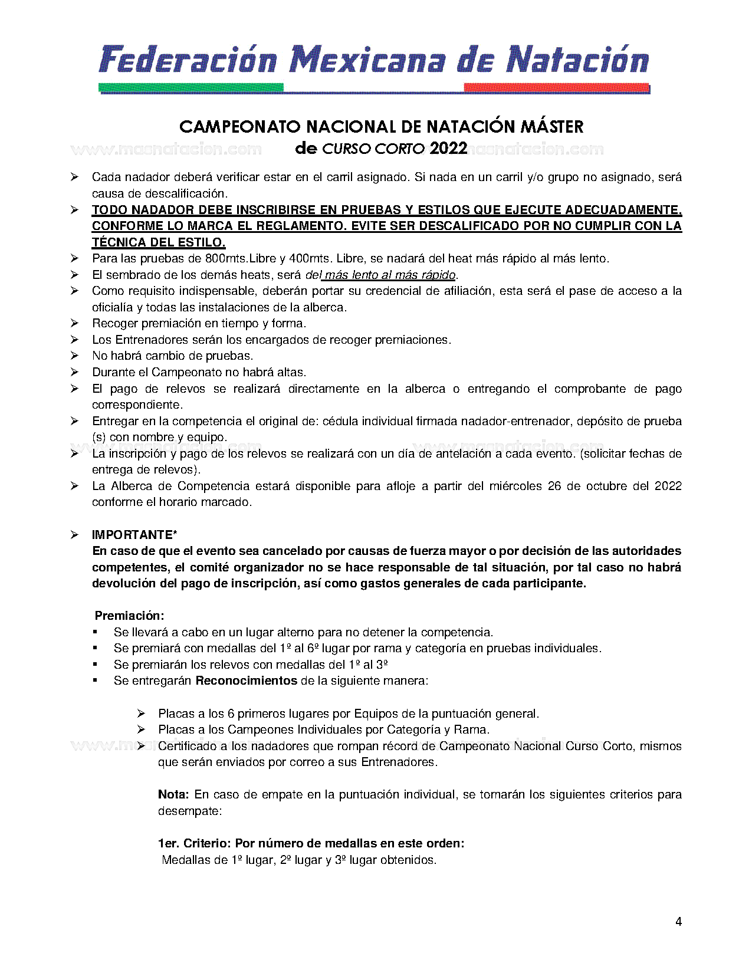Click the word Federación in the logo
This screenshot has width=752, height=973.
click(x=188, y=60)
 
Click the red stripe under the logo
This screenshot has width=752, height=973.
click(x=556, y=88)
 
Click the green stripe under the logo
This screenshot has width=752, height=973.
click(x=191, y=88)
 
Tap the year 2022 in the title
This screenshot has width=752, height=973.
click(x=448, y=148)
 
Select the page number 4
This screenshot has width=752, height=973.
click(x=678, y=922)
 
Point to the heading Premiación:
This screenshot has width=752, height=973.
click(x=129, y=616)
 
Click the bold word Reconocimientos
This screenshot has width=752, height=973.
click(x=246, y=681)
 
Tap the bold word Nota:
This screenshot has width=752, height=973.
click(x=173, y=794)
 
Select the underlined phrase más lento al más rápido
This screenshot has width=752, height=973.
click(x=390, y=275)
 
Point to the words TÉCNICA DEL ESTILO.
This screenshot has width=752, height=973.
click(x=158, y=242)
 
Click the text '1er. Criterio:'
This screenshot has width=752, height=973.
click(x=194, y=843)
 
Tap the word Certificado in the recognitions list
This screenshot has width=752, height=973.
click(x=188, y=746)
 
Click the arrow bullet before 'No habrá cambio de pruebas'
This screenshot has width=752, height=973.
click(x=74, y=356)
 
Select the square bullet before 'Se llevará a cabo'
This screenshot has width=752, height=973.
click(x=95, y=632)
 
